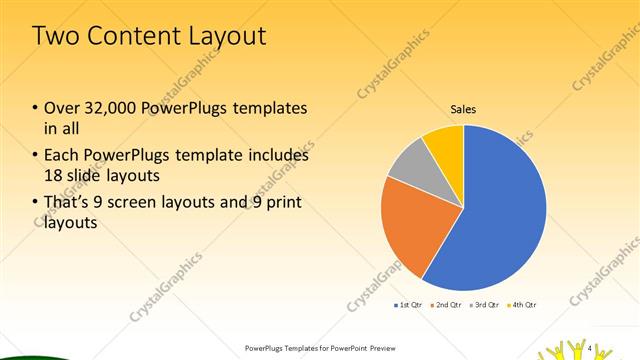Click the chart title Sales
(463, 108)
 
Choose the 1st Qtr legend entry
(410, 304)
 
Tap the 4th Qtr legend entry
(523, 304)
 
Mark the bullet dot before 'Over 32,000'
(35, 108)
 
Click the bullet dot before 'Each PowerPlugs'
(35, 156)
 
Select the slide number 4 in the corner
(591, 347)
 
